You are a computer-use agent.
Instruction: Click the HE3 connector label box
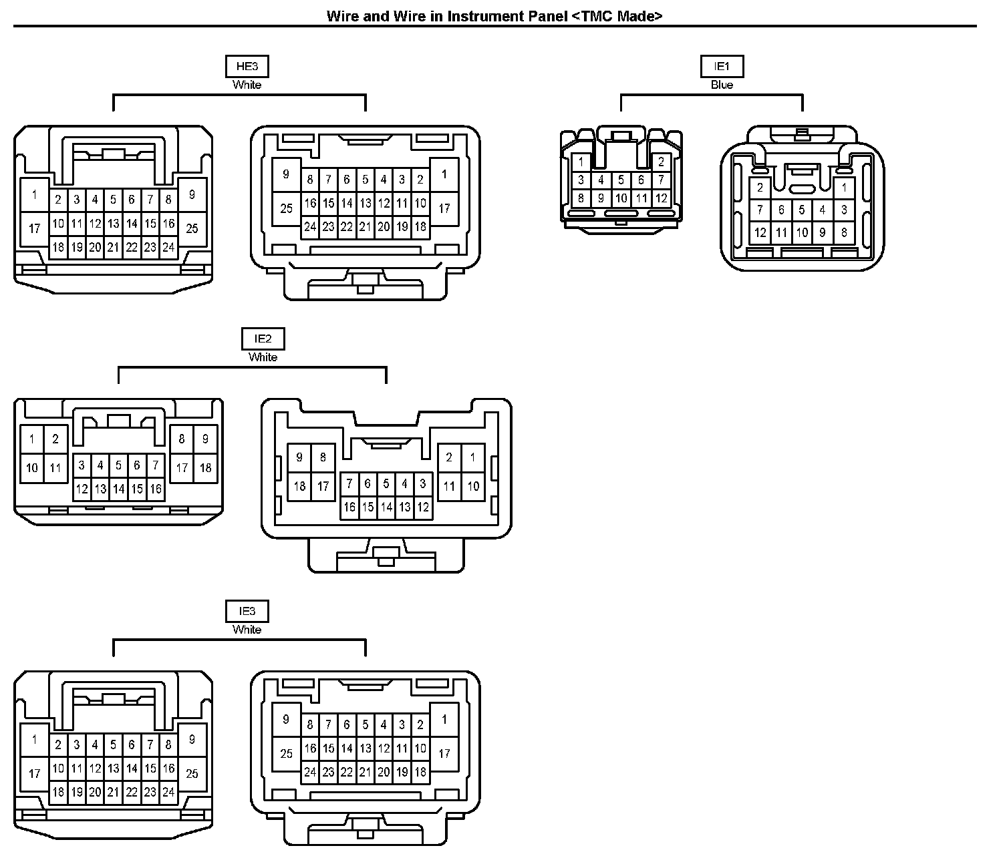point(247,67)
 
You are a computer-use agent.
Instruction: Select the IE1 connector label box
point(722,67)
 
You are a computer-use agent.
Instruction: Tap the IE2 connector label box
point(263,339)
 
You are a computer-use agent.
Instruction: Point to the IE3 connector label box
point(247,612)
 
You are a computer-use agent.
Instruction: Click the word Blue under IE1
point(722,85)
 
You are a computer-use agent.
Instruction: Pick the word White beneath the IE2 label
point(263,357)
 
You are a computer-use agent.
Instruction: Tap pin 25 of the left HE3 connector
point(192,228)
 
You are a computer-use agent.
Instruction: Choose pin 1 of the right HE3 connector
point(444,175)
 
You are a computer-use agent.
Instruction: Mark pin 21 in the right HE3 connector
point(365,226)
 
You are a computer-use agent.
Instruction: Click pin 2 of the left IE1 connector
point(661,162)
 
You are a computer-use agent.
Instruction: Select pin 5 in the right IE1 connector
point(802,210)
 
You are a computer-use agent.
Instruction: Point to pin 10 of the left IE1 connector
point(621,198)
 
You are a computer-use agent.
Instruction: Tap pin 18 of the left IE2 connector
point(205,467)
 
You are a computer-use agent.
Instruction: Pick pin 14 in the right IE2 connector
point(386,507)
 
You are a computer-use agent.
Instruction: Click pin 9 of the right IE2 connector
point(299,457)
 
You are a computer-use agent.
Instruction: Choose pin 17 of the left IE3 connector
point(35,774)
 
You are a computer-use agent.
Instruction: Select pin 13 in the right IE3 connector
point(365,748)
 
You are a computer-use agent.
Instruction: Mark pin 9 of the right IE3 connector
point(286,719)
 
